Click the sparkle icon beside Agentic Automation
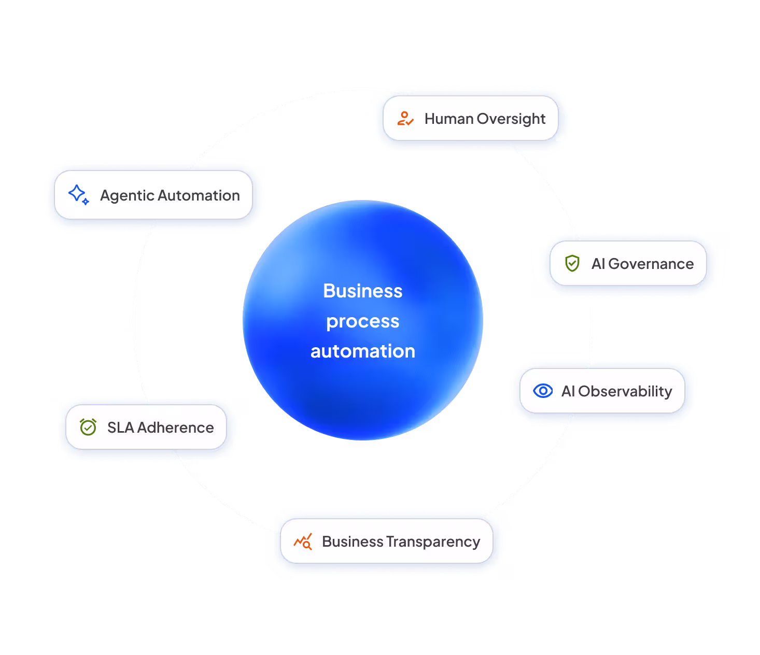78,195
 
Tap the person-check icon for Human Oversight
405,119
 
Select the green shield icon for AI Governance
572,263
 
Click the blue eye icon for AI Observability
543,391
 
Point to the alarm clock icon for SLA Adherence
88,427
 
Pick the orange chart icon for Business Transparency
303,542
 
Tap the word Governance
651,264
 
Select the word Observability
625,391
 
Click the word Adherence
175,428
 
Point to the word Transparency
433,542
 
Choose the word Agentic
127,196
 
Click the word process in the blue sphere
363,322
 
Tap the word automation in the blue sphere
363,351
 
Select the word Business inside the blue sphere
363,291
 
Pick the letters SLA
120,428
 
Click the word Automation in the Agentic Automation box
199,195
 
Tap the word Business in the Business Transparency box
353,542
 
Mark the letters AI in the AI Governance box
598,264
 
